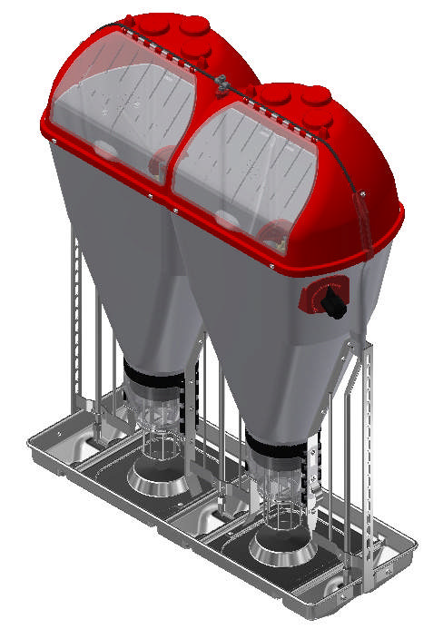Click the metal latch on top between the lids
(221, 82)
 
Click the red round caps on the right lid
(290, 95)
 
